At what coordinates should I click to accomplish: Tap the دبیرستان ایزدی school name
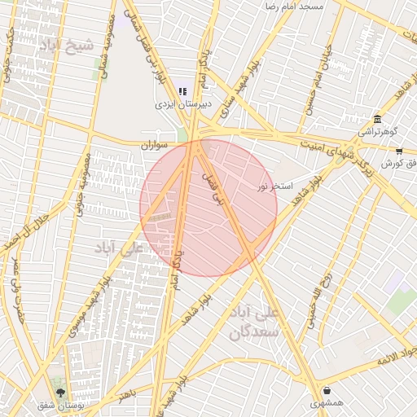pos(184,105)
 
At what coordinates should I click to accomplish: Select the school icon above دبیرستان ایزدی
pos(183,91)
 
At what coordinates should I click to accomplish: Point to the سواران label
pos(154,145)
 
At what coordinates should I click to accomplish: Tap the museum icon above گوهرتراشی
pos(376,118)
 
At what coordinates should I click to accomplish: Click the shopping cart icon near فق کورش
pos(399,151)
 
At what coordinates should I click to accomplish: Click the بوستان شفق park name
pos(59,405)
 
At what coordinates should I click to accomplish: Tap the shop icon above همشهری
pos(327,390)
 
